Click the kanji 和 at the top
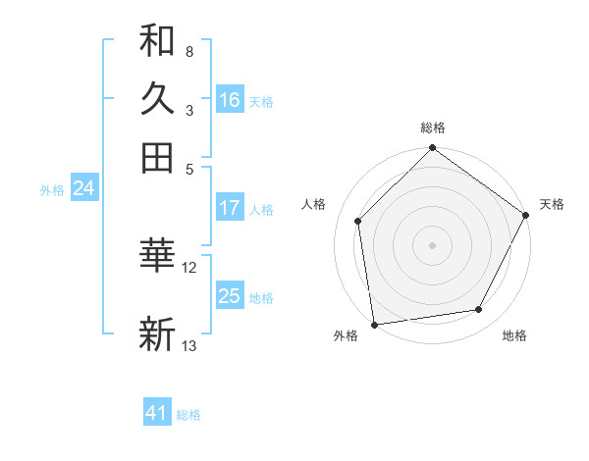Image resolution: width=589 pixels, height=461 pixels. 157,41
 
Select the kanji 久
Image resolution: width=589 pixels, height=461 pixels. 157,99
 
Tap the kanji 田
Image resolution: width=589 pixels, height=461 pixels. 157,157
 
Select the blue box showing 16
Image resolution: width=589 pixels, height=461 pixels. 230,100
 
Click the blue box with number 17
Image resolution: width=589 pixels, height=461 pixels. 230,208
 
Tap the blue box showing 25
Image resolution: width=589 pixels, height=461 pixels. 230,296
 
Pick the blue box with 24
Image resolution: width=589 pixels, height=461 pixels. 83,189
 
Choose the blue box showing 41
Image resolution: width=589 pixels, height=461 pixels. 157,413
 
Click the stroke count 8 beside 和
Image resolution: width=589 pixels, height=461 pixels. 188,50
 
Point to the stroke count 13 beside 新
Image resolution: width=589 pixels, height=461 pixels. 189,345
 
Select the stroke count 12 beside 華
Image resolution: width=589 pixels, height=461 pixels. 189,266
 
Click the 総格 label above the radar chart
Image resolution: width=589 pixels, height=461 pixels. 432,128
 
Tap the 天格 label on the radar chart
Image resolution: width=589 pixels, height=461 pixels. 552,204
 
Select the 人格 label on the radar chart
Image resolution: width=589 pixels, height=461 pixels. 313,204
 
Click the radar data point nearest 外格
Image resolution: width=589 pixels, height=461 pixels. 374,324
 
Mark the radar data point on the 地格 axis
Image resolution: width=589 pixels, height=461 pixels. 479,309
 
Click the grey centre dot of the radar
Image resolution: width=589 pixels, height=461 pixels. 432,244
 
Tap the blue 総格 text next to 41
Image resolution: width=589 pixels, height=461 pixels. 188,415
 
